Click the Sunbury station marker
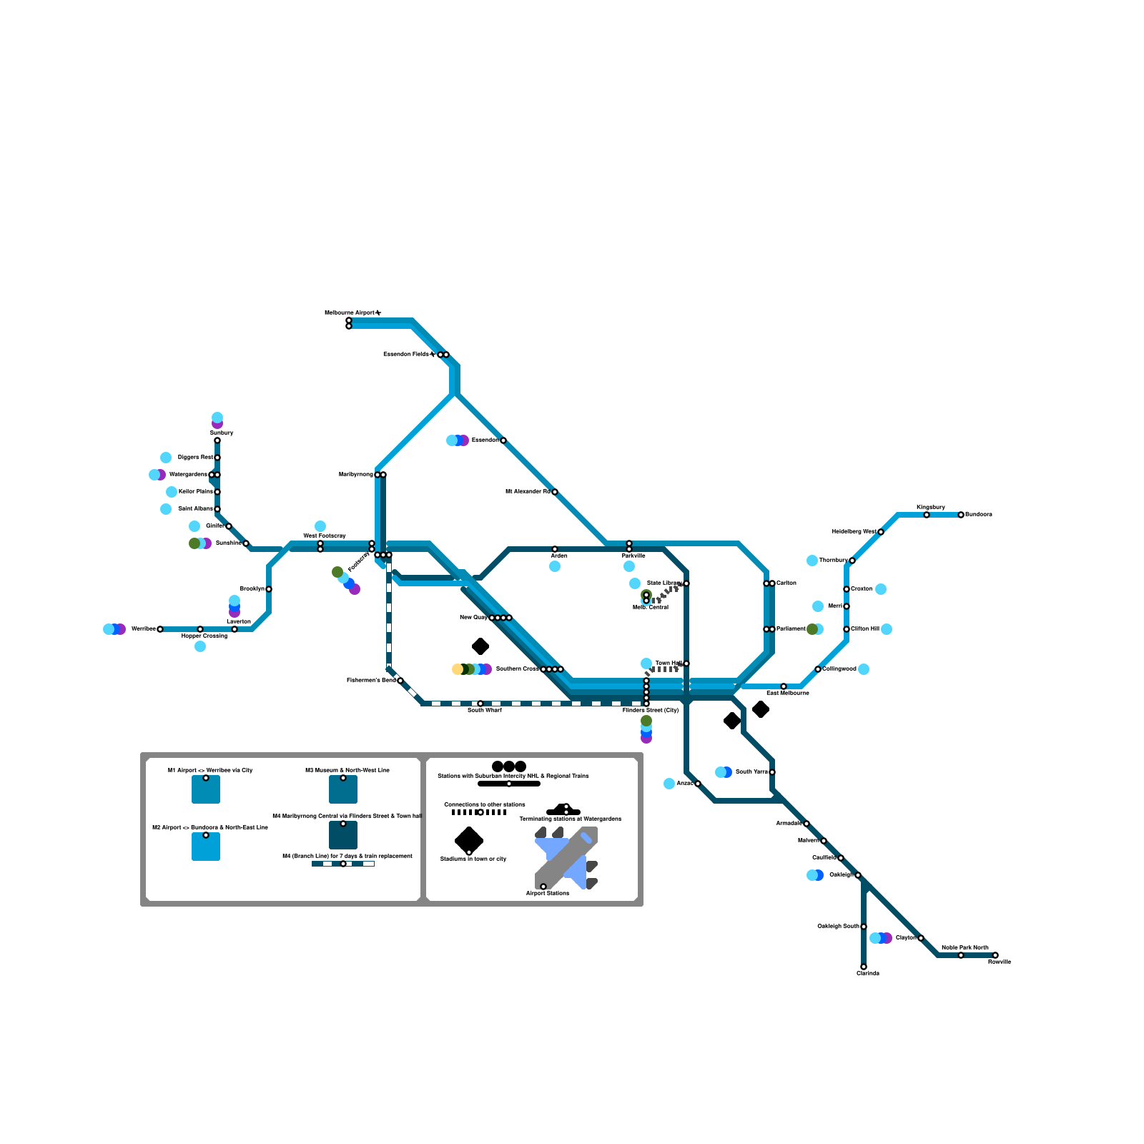coord(217,440)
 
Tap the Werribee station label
coord(143,629)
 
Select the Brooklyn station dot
coord(269,589)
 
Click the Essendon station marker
coord(503,440)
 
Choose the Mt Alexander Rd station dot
coord(555,492)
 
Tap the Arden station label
coord(559,556)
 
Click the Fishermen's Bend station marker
coord(400,681)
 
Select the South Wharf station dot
coord(480,704)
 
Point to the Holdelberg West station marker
coord(881,532)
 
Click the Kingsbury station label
coord(930,508)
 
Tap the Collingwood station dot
coord(818,669)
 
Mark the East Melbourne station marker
coord(784,686)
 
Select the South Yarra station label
coord(751,772)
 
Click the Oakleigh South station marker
coord(864,927)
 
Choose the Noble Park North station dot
coord(961,955)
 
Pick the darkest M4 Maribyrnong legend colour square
coord(343,835)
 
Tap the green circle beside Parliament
coord(812,629)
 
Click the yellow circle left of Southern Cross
coord(457,669)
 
